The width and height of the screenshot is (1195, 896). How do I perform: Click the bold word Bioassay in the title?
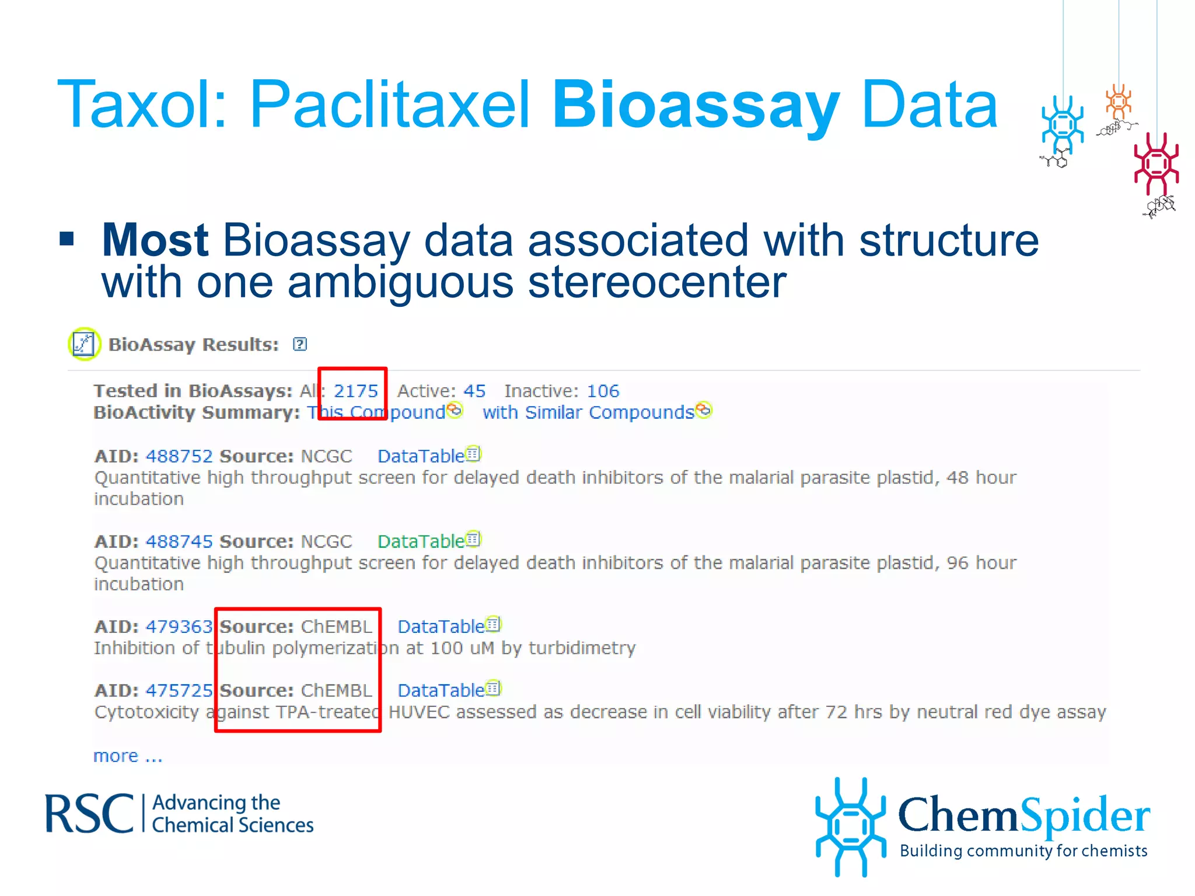(x=696, y=106)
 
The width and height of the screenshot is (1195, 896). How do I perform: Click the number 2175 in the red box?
(x=356, y=391)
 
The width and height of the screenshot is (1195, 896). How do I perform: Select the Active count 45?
(x=474, y=391)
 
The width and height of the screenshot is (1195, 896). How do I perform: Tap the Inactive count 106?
(x=603, y=391)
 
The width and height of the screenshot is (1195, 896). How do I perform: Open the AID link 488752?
(x=179, y=456)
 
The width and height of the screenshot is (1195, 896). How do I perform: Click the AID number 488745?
(x=179, y=541)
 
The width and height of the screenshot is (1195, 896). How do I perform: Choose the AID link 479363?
(x=179, y=626)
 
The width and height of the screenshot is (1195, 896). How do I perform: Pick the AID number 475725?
(x=179, y=691)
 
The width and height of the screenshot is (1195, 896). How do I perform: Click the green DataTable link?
(x=421, y=541)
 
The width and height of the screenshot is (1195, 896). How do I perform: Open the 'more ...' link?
(x=127, y=756)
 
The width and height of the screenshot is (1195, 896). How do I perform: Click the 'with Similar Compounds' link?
(x=588, y=412)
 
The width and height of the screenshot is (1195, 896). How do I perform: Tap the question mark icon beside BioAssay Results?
(x=300, y=344)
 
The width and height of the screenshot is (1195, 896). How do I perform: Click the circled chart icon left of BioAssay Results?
(x=84, y=344)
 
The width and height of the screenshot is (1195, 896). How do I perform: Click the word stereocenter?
(x=657, y=282)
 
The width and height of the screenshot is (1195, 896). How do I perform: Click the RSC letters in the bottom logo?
(x=89, y=814)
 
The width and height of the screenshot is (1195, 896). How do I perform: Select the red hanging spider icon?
(x=1156, y=164)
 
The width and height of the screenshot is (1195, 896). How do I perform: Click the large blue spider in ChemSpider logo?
(x=850, y=826)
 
